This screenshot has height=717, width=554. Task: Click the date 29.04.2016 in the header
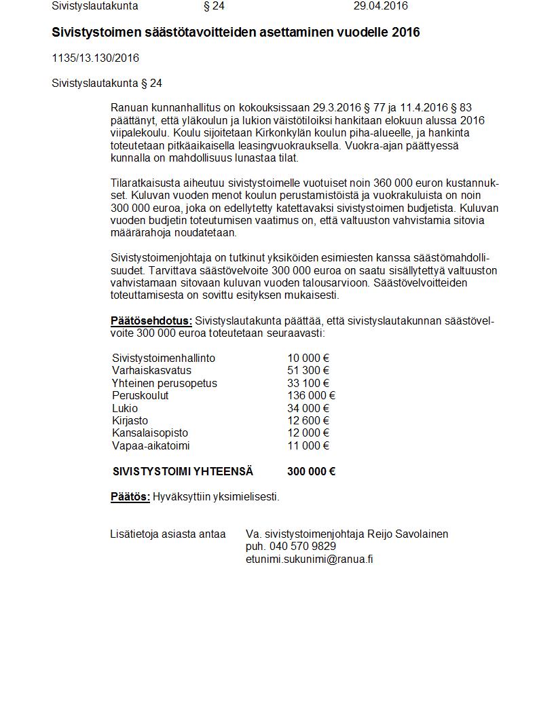pyautogui.click(x=380, y=6)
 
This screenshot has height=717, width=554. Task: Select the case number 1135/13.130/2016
pyautogui.click(x=95, y=58)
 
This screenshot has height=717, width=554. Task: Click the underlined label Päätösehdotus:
pyautogui.click(x=151, y=321)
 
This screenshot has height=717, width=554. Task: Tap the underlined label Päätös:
pyautogui.click(x=130, y=497)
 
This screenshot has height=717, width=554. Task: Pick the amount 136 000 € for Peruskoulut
pyautogui.click(x=311, y=396)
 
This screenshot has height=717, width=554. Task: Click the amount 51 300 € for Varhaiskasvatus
pyautogui.click(x=308, y=371)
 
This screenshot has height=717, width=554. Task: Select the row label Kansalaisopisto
pyautogui.click(x=150, y=433)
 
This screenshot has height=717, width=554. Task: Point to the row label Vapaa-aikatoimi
pyautogui.click(x=151, y=446)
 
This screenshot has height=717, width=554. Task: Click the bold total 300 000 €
pyautogui.click(x=311, y=472)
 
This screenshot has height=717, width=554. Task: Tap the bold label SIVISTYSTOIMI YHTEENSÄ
pyautogui.click(x=183, y=472)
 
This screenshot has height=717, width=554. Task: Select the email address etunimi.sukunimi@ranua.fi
pyautogui.click(x=309, y=559)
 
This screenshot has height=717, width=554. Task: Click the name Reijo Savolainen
pyautogui.click(x=407, y=534)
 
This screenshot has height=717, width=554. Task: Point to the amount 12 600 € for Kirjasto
pyautogui.click(x=308, y=421)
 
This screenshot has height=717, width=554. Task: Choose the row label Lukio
pyautogui.click(x=125, y=409)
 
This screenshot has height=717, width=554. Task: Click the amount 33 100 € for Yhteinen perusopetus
pyautogui.click(x=308, y=384)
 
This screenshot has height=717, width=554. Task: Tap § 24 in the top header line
pyautogui.click(x=214, y=6)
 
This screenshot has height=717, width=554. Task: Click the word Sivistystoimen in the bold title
pyautogui.click(x=95, y=33)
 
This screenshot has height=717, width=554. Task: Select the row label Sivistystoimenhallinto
pyautogui.click(x=164, y=358)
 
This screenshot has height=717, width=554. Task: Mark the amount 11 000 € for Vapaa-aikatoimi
pyautogui.click(x=308, y=446)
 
